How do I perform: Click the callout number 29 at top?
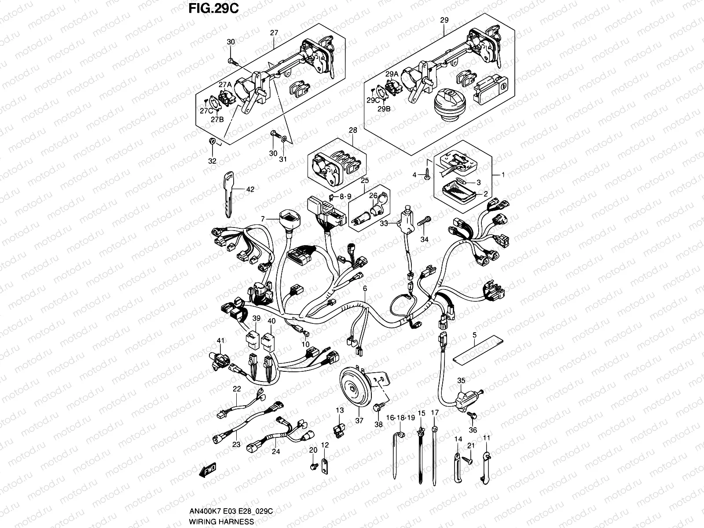pos(444,20)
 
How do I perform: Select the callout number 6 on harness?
pos(365,289)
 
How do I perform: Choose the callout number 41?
pos(220,341)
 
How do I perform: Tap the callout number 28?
pos(352,130)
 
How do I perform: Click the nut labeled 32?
pos(212,142)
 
